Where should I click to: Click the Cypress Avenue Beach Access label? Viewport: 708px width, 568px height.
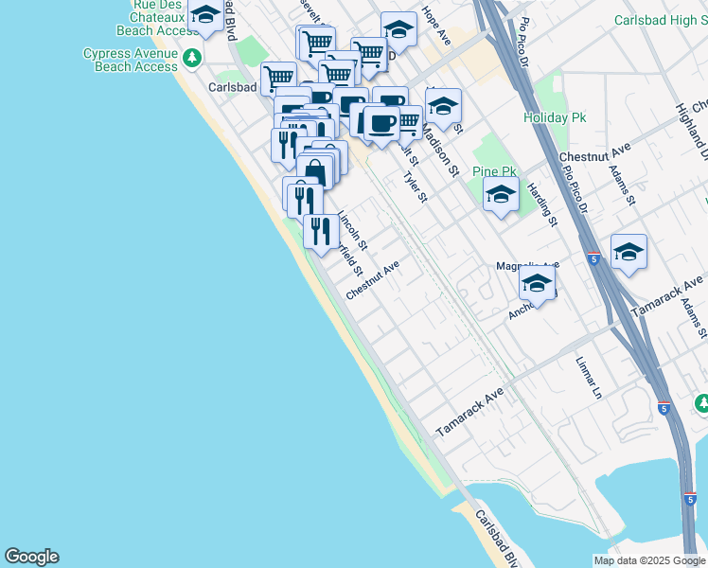point(130,60)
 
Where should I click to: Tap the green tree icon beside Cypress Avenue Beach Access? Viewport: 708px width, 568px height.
point(192,59)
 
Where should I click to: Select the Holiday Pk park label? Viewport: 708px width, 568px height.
point(556,118)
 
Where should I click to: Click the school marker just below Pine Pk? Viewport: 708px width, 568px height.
point(501,194)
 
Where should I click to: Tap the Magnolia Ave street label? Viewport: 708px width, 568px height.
point(528,266)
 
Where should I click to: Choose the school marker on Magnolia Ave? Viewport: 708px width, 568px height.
point(537,284)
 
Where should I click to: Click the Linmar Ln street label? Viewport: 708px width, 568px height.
point(590,376)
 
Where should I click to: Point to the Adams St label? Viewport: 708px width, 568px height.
point(622,185)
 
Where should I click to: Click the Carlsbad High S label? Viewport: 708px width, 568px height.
point(660,20)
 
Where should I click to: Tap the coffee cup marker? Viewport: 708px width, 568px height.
point(381,122)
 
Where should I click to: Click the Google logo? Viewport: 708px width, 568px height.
point(31,557)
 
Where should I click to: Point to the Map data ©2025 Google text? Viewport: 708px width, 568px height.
point(649,560)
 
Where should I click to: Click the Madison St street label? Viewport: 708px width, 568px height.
point(445,156)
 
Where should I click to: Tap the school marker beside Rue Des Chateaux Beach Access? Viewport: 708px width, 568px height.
point(205,14)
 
